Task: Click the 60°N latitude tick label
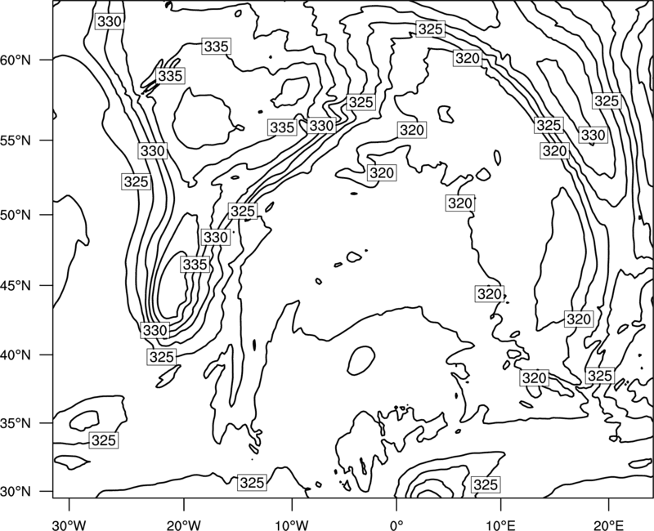[x=16, y=60]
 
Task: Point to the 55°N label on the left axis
[x=16, y=141]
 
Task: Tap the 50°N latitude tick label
[x=16, y=215]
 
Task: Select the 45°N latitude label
[x=16, y=285]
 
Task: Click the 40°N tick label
[x=16, y=355]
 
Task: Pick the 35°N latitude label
[x=16, y=423]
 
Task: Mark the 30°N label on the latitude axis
[x=16, y=492]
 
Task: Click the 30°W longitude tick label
[x=69, y=524]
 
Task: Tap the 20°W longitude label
[x=183, y=524]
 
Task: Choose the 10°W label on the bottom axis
[x=292, y=524]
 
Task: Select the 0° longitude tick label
[x=396, y=524]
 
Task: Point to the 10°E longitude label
[x=500, y=524]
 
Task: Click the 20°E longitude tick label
[x=608, y=524]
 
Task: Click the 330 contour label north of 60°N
[x=110, y=21]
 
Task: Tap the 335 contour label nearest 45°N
[x=195, y=264]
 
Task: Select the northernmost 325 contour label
[x=431, y=29]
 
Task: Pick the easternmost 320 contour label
[x=579, y=319]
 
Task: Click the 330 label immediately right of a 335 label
[x=321, y=126]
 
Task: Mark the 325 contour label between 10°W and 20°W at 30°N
[x=252, y=483]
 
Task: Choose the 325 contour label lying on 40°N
[x=161, y=357]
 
